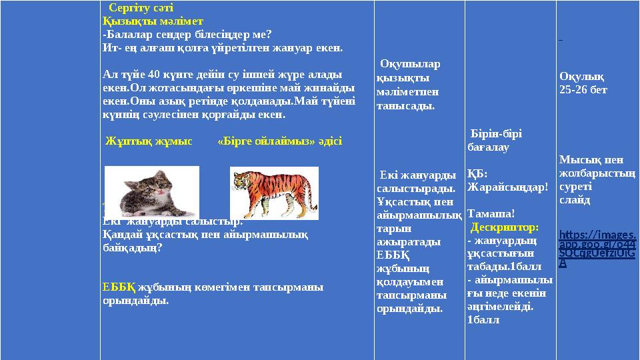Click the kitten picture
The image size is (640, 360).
pyautogui.click(x=152, y=191)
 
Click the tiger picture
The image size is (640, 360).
pyautogui.click(x=274, y=193)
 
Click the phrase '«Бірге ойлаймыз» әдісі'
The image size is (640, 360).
pyautogui.click(x=280, y=141)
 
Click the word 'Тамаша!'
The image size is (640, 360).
pyautogui.click(x=491, y=213)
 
